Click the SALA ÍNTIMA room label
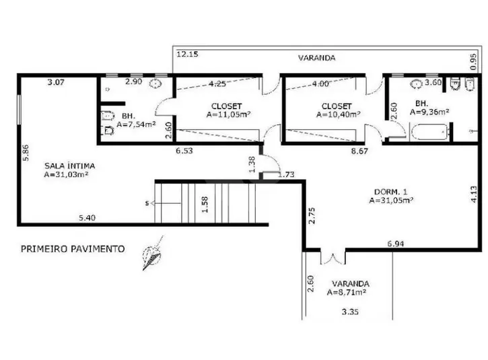click(x=69, y=166)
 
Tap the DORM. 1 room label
click(x=390, y=192)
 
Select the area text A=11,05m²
click(x=228, y=114)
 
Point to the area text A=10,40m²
click(x=339, y=114)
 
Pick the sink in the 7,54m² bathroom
click(x=155, y=83)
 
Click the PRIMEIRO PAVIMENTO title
click(x=73, y=249)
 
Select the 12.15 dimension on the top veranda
click(x=187, y=54)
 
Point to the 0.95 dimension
click(x=473, y=62)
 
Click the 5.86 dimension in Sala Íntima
click(x=26, y=153)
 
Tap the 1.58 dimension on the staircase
click(x=205, y=205)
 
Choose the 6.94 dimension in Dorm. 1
click(x=396, y=244)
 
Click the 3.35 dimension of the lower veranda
click(x=350, y=312)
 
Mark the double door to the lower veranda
click(x=333, y=258)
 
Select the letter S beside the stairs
click(x=147, y=203)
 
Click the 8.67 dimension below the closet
click(x=359, y=151)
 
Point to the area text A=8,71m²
click(x=347, y=293)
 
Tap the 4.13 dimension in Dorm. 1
click(x=473, y=194)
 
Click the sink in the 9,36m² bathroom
click(x=417, y=83)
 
